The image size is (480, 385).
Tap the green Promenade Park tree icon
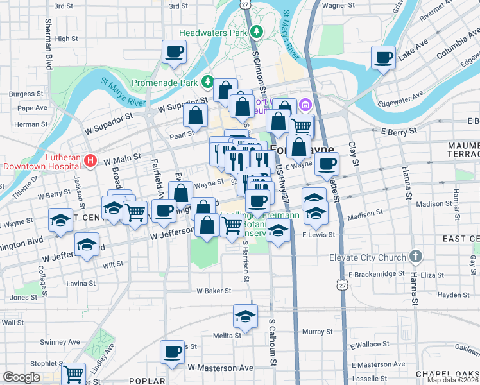pos(208,81)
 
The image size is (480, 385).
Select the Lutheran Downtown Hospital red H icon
pos(90,160)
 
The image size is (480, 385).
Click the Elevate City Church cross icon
pos(416,257)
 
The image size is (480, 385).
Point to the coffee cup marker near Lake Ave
pos(384,58)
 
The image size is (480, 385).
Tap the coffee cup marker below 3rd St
pos(174,51)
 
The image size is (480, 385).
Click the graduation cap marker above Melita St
pos(244,316)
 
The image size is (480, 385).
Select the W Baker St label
pos(214,291)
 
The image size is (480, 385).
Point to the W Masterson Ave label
pos(220,368)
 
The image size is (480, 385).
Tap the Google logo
pos(21,377)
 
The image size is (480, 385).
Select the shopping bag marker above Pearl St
pos(195,116)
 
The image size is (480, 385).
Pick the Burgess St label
pos(22,94)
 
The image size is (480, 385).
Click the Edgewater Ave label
pos(402,99)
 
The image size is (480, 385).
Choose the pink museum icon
pos(305,104)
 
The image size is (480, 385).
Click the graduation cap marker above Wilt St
pos(87,244)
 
